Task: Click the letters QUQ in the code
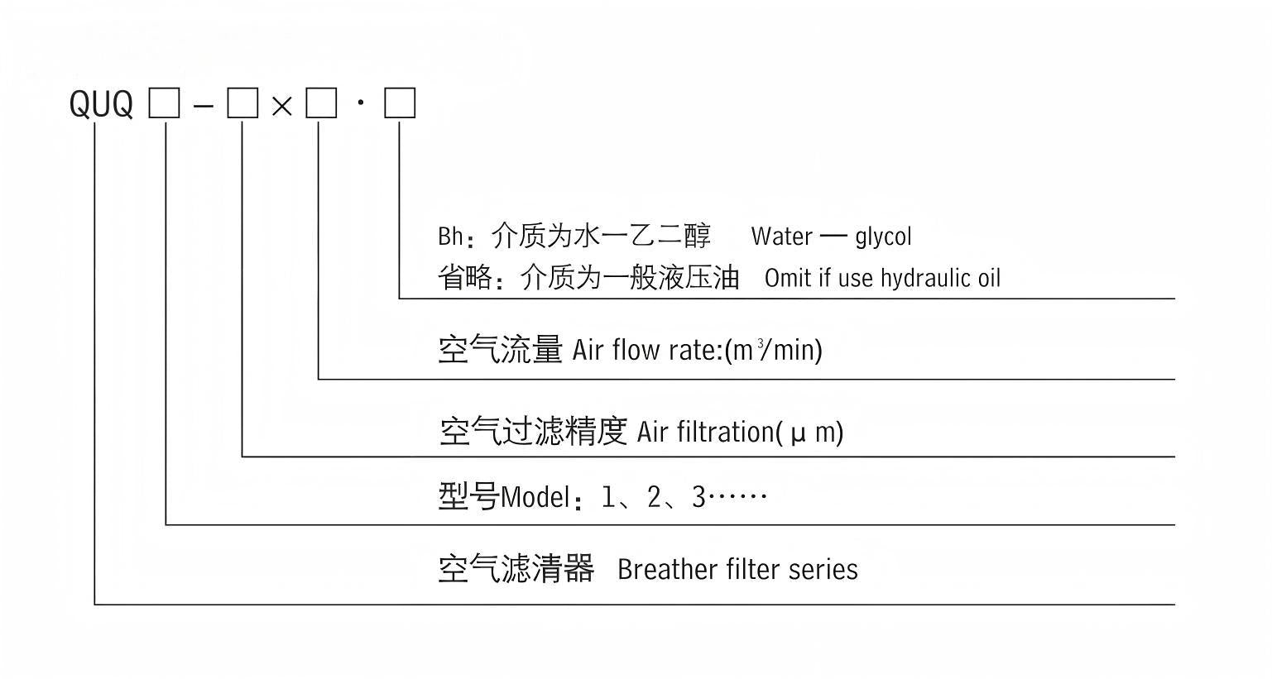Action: pos(101,105)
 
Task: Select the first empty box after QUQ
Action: pos(164,104)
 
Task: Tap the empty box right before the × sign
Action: pos(242,104)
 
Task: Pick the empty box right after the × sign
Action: pos(321,104)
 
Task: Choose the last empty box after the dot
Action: pos(400,104)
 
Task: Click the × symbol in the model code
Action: pos(282,106)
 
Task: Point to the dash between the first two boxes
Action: pos(203,106)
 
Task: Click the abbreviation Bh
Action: pos(450,237)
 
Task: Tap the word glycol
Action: pos(883,237)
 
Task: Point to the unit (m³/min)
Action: pos(773,350)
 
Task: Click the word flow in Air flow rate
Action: pos(637,350)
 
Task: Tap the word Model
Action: pos(535,498)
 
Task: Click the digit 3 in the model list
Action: pos(698,497)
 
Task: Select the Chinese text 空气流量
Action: pos(501,350)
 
